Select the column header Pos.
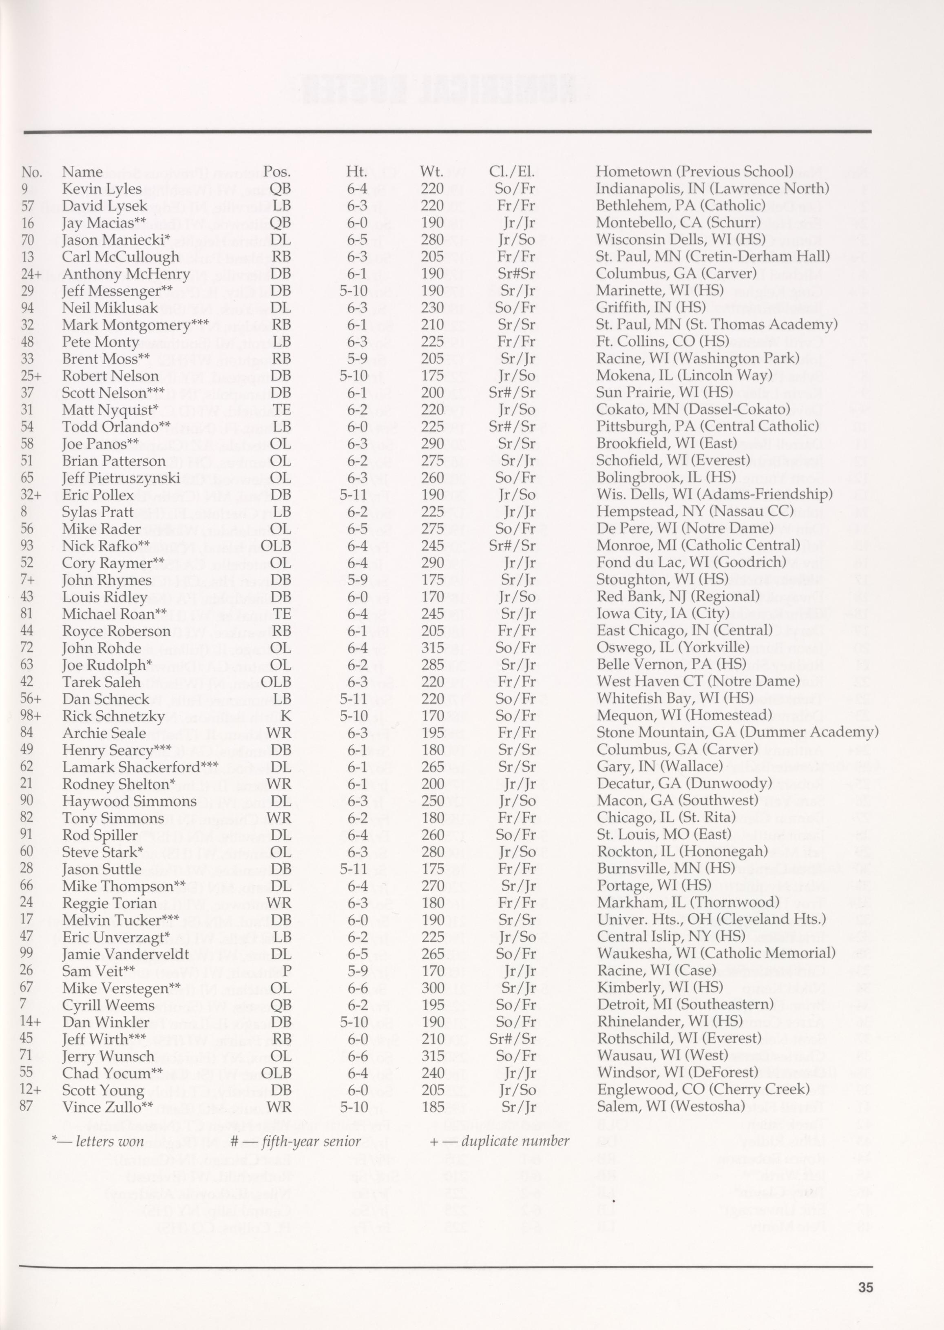pyautogui.click(x=277, y=172)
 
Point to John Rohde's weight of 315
pyautogui.click(x=433, y=648)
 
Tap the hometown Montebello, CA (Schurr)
pyautogui.click(x=679, y=223)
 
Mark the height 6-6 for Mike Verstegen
pyautogui.click(x=356, y=988)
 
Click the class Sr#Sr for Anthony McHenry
pyautogui.click(x=515, y=274)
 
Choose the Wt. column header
pyautogui.click(x=431, y=172)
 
